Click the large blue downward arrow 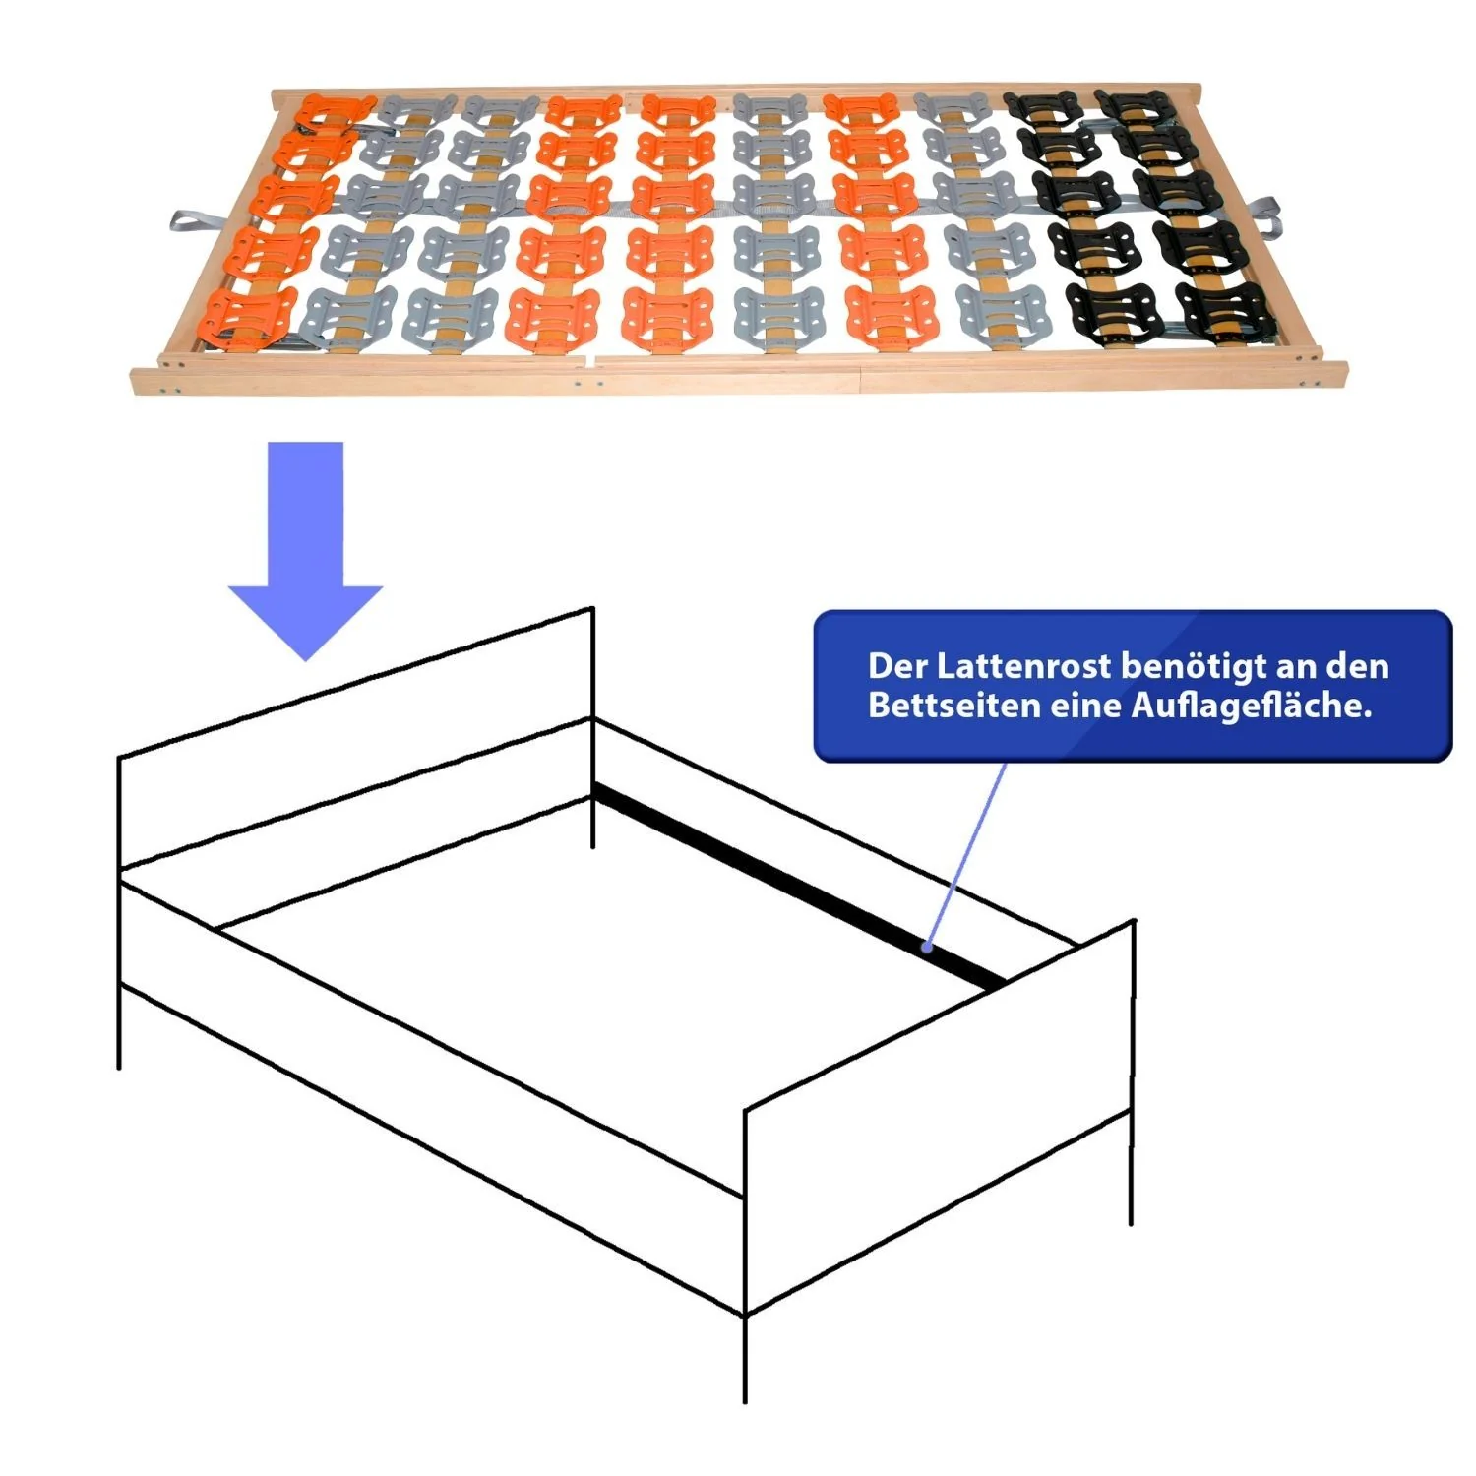tap(305, 551)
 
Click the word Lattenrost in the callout tap(1024, 667)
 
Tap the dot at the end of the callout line tap(927, 948)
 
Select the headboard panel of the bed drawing tap(355, 739)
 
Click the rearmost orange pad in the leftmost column tap(335, 111)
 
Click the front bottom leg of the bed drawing tap(745, 1358)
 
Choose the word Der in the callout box tap(897, 667)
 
